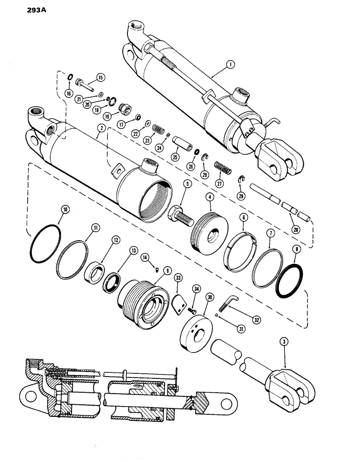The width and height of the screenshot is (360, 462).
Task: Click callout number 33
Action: click(x=178, y=279)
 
